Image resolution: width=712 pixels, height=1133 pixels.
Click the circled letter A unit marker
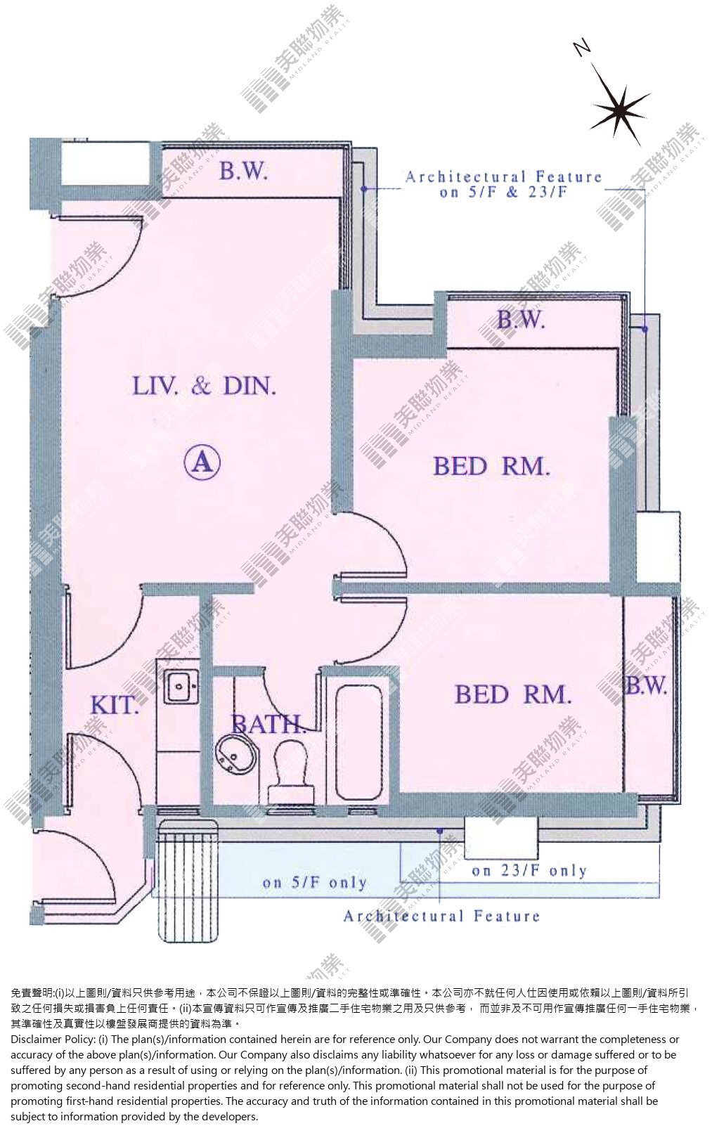tap(202, 462)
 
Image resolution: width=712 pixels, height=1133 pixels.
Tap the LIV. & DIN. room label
tap(205, 387)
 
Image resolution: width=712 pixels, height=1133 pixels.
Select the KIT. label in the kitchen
tap(115, 705)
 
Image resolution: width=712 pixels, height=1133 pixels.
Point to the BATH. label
tap(269, 725)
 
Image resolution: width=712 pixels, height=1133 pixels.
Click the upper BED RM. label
tap(491, 466)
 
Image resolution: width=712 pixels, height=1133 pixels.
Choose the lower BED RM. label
tap(513, 694)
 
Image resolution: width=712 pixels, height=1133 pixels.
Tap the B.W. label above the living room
tap(243, 171)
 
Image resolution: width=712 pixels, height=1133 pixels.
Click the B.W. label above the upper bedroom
tap(521, 320)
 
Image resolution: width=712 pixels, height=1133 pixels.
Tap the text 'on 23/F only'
tap(529, 871)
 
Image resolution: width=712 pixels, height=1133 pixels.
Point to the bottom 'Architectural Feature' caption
tap(441, 916)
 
